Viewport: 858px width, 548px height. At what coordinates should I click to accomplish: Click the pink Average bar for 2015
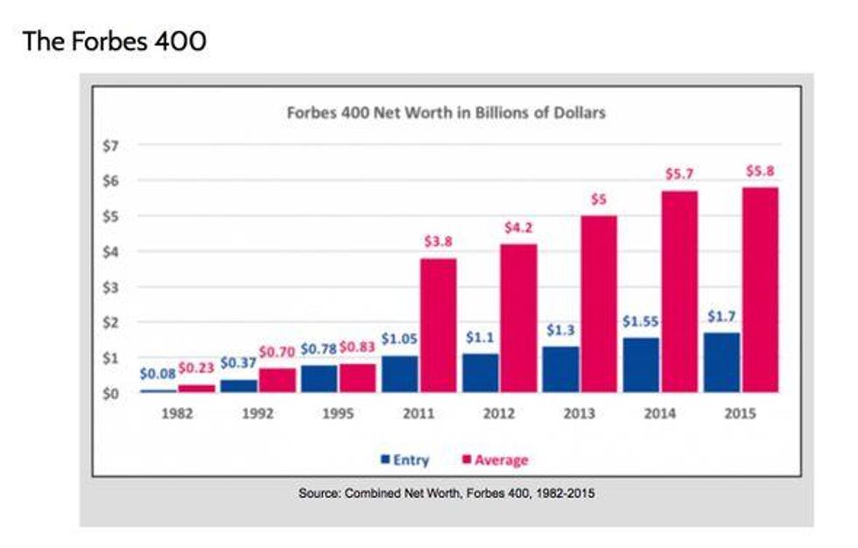point(758,290)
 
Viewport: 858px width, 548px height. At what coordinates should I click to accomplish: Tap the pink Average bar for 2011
point(437,325)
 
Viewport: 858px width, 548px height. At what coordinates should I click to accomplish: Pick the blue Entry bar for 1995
point(319,378)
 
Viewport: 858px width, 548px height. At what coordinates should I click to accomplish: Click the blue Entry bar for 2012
point(480,372)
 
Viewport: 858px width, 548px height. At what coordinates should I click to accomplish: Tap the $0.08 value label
point(158,374)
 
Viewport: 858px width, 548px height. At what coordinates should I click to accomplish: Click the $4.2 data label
point(518,228)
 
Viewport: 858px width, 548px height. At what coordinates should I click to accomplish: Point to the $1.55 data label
point(640,321)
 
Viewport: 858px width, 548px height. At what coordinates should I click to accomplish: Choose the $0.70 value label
point(276,352)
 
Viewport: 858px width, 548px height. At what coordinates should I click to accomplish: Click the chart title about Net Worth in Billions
point(447,113)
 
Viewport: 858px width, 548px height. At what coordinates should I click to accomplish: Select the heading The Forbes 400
point(115,40)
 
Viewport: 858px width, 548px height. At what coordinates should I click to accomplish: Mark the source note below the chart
point(447,494)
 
